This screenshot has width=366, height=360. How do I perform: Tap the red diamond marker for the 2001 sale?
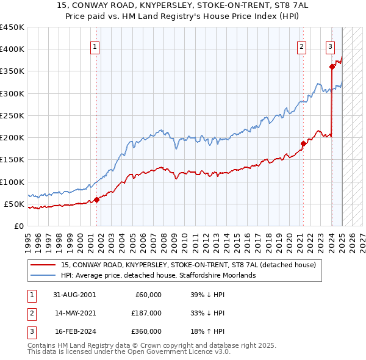click(96, 200)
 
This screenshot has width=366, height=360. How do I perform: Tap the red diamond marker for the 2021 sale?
click(303, 143)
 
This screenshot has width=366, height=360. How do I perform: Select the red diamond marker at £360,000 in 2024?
click(332, 67)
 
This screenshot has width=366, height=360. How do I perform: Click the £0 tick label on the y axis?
click(19, 226)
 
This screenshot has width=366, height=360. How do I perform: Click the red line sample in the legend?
click(43, 265)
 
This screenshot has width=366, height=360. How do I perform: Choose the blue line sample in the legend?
click(43, 275)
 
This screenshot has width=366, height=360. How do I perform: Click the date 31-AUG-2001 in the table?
click(74, 294)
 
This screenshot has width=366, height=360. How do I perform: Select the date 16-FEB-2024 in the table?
click(74, 331)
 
